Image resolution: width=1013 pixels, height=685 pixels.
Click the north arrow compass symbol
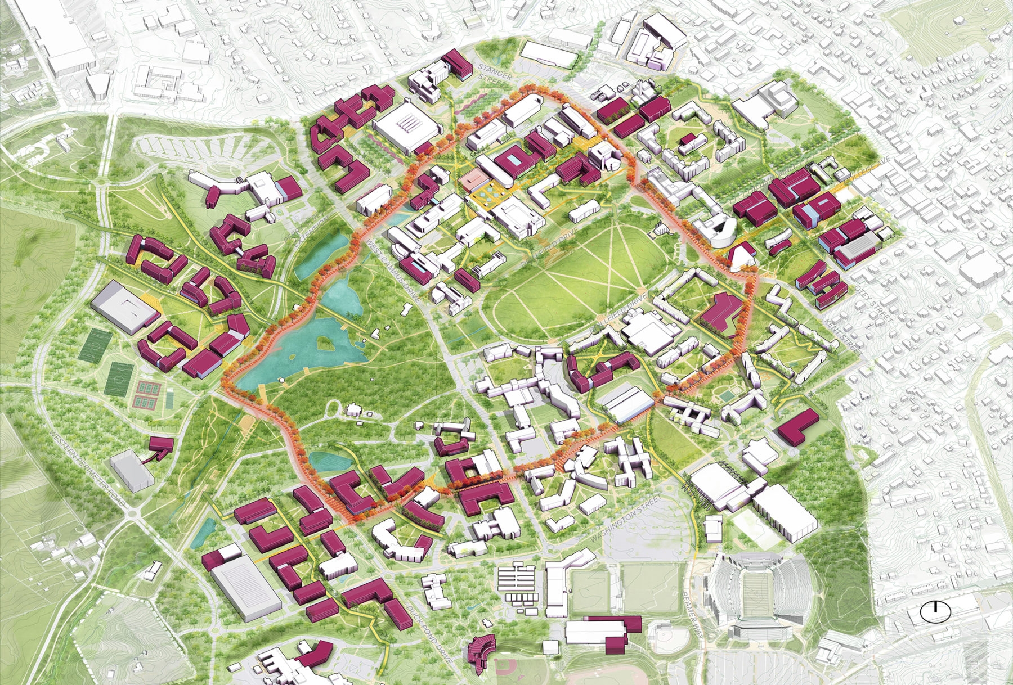pos(935,612)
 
